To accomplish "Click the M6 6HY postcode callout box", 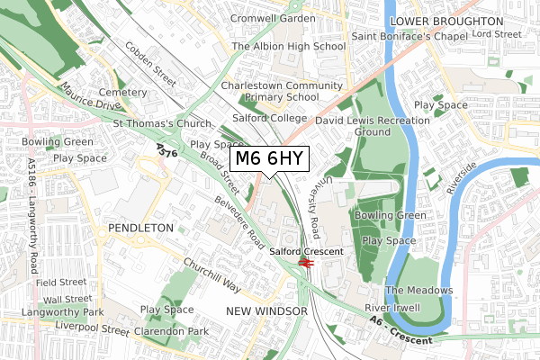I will point(270,159).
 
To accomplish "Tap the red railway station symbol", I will point(306,264).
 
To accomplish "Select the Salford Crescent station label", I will point(306,252).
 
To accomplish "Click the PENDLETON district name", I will point(139,229).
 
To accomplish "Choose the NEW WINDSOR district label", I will point(266,310).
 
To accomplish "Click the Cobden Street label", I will point(150,64).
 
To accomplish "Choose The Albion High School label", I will point(289,46).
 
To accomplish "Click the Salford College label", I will point(268,118).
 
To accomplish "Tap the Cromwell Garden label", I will point(266,18).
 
